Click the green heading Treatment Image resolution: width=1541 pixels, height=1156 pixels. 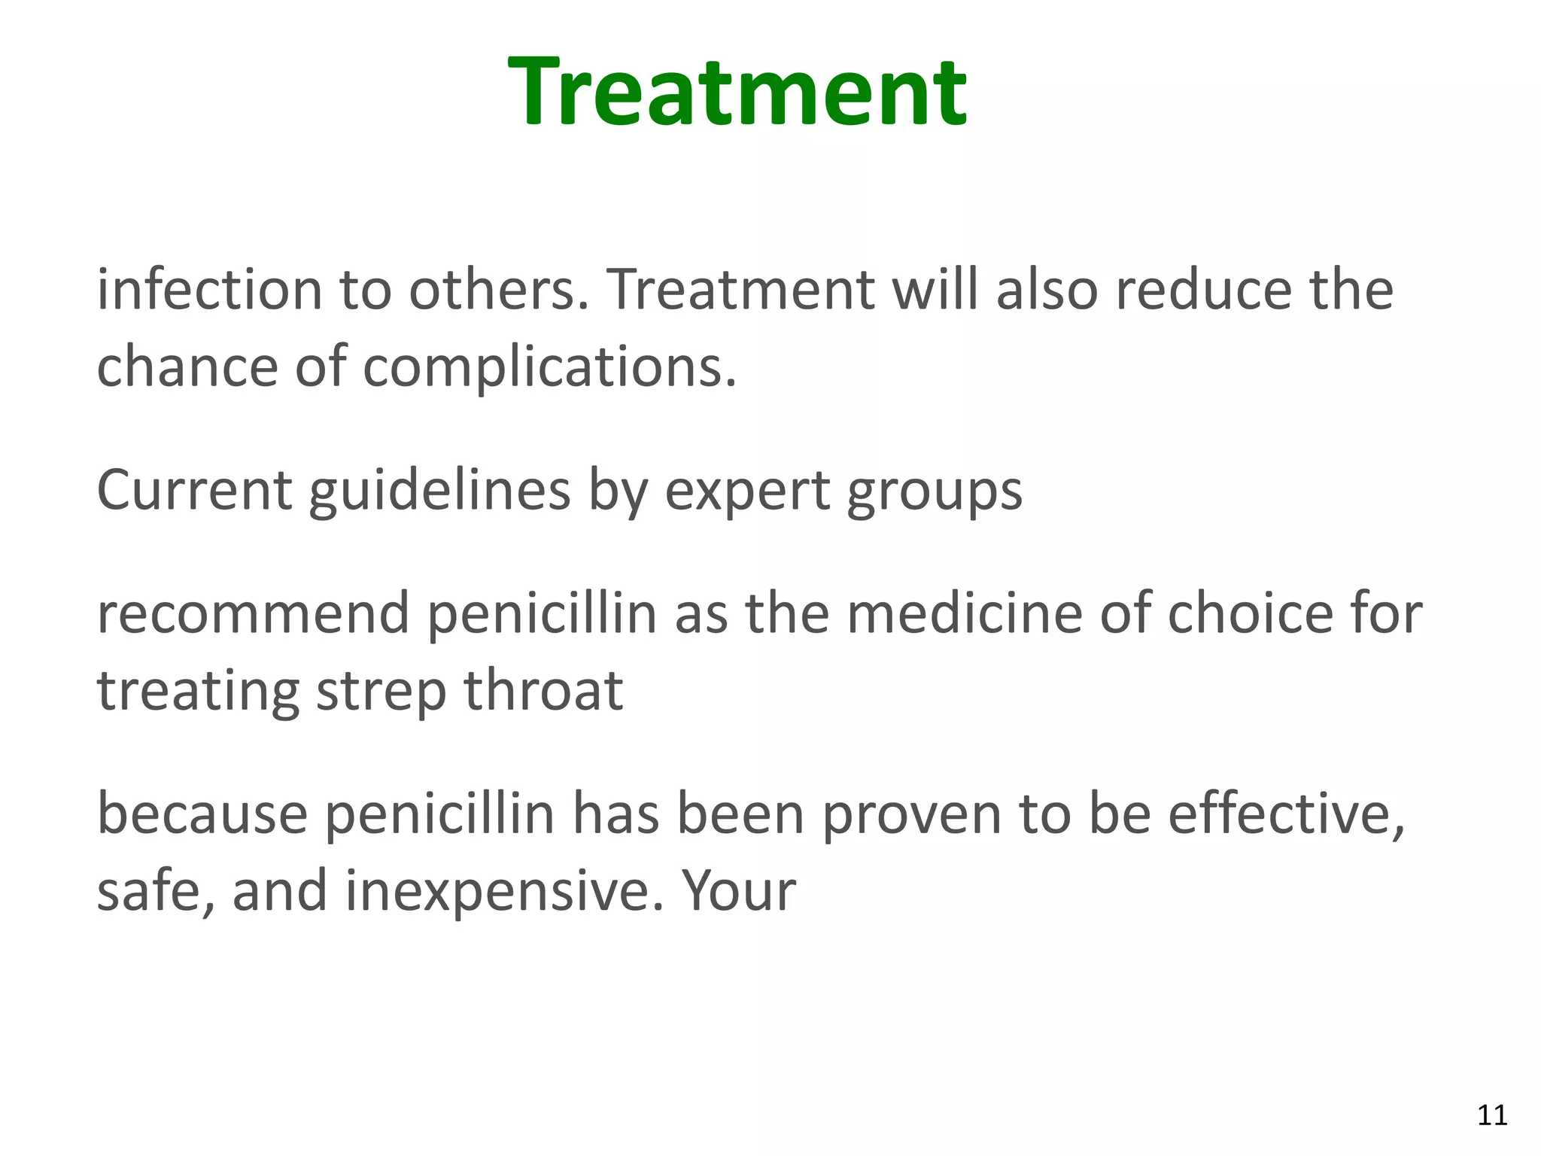tap(737, 92)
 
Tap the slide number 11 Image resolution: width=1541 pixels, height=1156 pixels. tap(1492, 1115)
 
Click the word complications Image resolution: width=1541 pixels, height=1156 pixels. tap(549, 367)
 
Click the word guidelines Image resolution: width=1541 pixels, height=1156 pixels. tap(439, 490)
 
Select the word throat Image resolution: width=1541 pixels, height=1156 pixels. tap(543, 690)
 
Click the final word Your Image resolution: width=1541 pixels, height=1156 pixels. tap(738, 891)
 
